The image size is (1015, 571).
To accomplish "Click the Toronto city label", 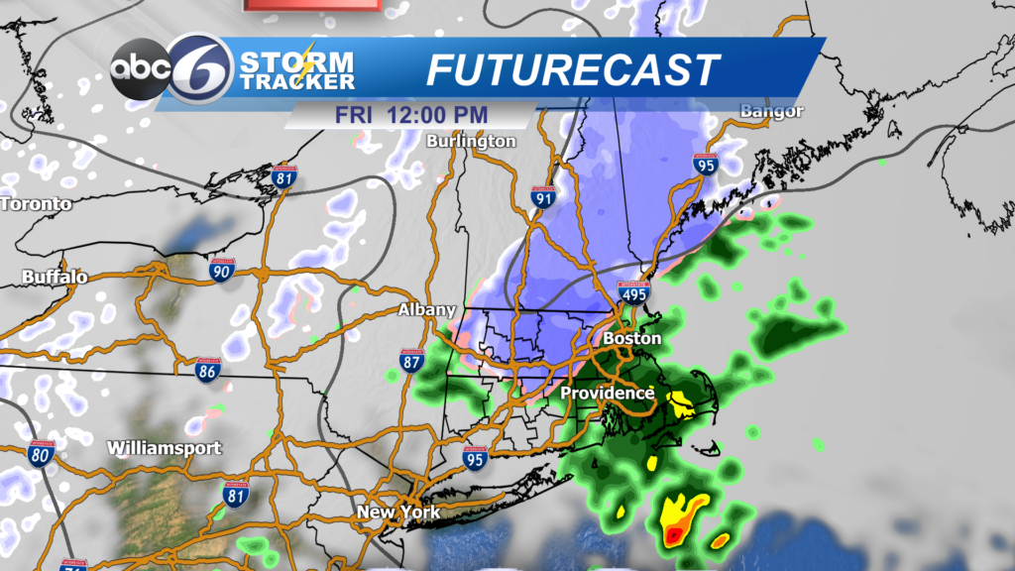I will pyautogui.click(x=37, y=204).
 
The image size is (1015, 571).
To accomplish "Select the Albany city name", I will pyautogui.click(x=426, y=310).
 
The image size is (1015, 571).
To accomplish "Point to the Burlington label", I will pyautogui.click(x=471, y=141).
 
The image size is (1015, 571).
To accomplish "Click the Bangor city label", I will pyautogui.click(x=773, y=111).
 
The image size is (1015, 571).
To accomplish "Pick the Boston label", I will pyautogui.click(x=631, y=338).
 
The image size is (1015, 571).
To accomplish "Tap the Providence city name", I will pyautogui.click(x=608, y=394).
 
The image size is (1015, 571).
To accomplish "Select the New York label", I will pyautogui.click(x=398, y=513).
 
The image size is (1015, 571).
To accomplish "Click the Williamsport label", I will pyautogui.click(x=165, y=447).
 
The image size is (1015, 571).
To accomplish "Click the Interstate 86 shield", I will pyautogui.click(x=207, y=372).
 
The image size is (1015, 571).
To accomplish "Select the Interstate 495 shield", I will pyautogui.click(x=633, y=292).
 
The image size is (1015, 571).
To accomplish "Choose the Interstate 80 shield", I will pyautogui.click(x=42, y=455).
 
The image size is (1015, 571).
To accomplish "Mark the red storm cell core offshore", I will pyautogui.click(x=674, y=535).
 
